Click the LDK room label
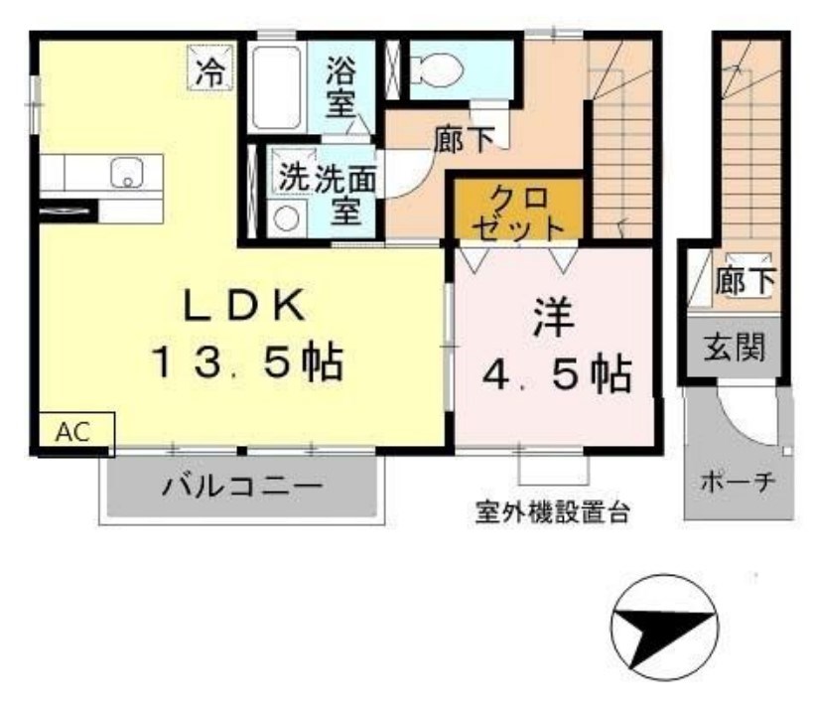tap(242, 307)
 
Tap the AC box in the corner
tap(75, 432)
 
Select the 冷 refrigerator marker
tap(209, 69)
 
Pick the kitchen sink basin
tap(126, 174)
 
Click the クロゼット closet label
tap(515, 210)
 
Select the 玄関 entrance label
tap(736, 349)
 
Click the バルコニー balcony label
tap(243, 488)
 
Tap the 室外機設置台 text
tap(552, 514)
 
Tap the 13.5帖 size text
tap(247, 363)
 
